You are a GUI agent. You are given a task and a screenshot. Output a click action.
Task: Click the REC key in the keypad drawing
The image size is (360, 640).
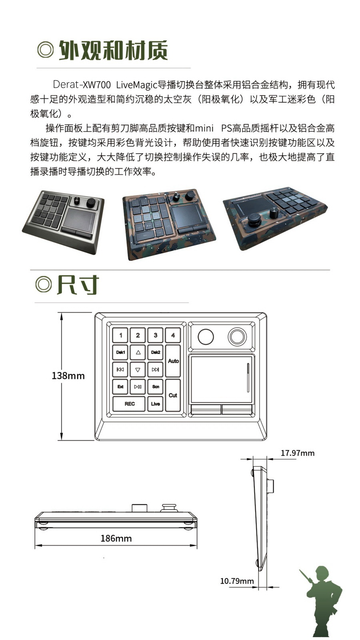(x=129, y=404)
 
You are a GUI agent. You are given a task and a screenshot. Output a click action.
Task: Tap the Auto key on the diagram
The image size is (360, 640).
(x=173, y=361)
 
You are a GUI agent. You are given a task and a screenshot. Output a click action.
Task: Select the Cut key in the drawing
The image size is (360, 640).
(x=173, y=395)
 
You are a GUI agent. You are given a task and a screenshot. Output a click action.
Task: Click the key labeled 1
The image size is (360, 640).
(x=120, y=335)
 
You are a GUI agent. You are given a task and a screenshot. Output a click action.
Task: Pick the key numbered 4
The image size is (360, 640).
(x=173, y=335)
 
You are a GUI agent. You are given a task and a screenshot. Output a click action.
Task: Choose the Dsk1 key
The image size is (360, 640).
(x=120, y=352)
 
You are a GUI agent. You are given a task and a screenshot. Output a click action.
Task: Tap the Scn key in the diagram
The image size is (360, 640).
(x=156, y=387)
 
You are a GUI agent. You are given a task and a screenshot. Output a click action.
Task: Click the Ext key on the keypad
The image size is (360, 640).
(x=120, y=387)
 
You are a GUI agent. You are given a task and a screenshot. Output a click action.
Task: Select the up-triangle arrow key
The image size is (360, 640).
(x=138, y=352)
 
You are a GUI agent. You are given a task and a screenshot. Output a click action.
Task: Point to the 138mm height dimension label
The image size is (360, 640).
(x=68, y=376)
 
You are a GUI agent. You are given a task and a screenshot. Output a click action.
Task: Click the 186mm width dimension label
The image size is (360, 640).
(x=116, y=538)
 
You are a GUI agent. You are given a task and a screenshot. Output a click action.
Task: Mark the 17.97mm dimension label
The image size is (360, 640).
(x=297, y=453)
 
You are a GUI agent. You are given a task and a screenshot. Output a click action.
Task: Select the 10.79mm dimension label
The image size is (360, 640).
(x=237, y=581)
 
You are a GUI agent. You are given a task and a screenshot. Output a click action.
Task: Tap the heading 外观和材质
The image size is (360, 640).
(x=113, y=50)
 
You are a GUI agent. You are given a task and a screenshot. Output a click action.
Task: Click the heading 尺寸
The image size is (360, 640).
(x=78, y=285)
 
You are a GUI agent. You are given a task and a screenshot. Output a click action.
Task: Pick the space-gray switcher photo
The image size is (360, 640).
(x=63, y=221)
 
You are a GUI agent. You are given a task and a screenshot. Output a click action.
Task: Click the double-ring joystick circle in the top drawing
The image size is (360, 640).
(x=237, y=336)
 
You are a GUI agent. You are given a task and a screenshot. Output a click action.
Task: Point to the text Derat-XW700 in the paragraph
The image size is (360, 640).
(x=82, y=85)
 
